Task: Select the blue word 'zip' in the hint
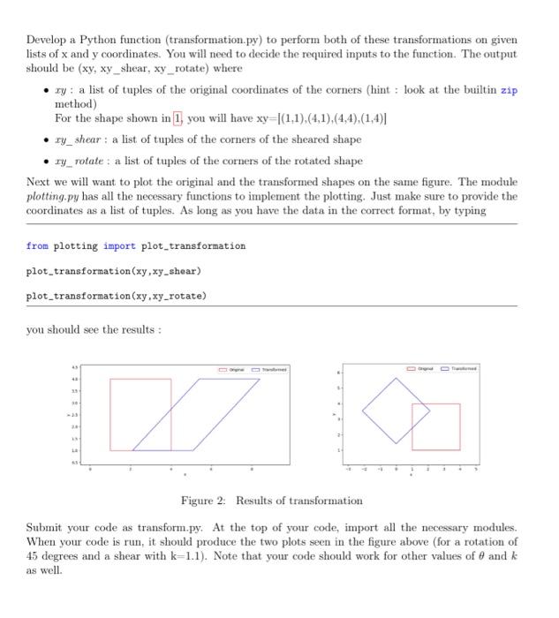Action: tap(510, 91)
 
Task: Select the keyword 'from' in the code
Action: tap(37, 245)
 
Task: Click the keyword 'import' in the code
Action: tap(119, 245)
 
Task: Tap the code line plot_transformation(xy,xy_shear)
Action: tap(113, 270)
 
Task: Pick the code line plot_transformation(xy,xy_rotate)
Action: tap(116, 295)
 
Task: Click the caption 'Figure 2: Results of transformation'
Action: tap(271, 501)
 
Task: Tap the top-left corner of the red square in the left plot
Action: tap(110, 379)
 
